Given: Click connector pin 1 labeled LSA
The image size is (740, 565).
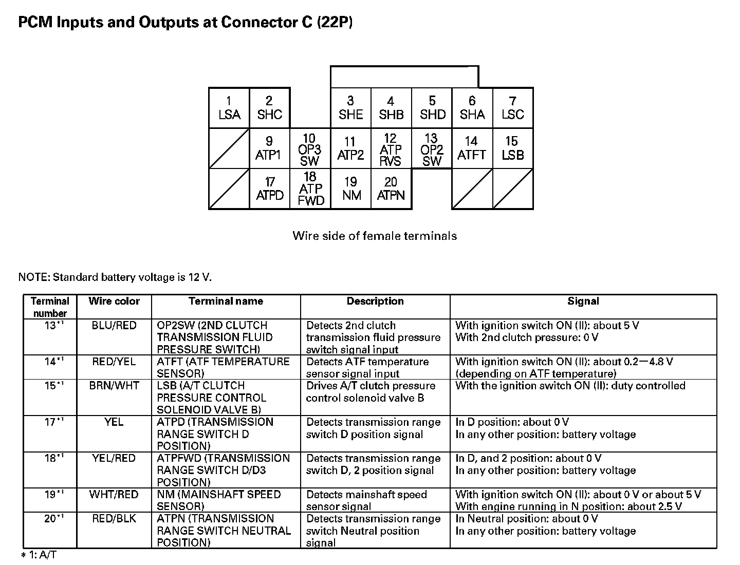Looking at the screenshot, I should tap(229, 108).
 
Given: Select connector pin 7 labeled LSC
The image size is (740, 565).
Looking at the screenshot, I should tap(513, 108).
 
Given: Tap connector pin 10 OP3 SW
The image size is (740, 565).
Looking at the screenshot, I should tap(310, 149).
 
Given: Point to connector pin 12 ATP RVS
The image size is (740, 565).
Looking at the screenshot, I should tap(391, 149).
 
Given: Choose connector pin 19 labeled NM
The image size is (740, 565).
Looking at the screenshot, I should tap(351, 189).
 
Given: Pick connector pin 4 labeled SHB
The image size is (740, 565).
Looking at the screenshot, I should tap(391, 108).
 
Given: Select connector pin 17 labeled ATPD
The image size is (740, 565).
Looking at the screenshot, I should tap(270, 189).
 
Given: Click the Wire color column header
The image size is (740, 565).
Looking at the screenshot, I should tap(114, 302).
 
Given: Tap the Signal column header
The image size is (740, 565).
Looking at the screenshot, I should tap(583, 302).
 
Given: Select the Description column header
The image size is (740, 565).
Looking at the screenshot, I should tap(375, 302).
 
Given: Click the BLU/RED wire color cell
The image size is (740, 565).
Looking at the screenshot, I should tap(114, 326).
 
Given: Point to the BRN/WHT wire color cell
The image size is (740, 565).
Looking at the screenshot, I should tap(114, 386).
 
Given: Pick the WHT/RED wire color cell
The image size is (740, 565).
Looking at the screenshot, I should tap(114, 495).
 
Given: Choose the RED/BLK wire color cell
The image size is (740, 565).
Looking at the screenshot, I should tap(114, 519).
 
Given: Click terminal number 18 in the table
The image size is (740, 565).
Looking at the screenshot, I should tap(50, 458).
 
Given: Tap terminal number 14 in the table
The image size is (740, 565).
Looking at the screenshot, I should tap(50, 362).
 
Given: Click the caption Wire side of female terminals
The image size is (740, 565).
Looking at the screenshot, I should tap(375, 236).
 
